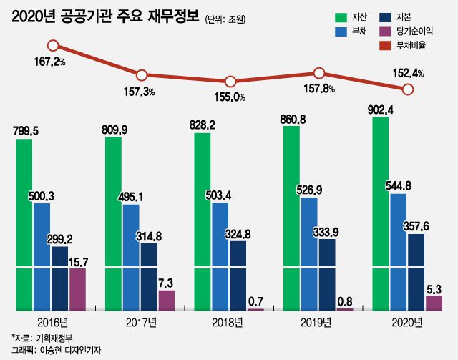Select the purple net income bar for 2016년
pyautogui.click(x=77, y=289)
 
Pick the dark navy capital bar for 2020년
pyautogui.click(x=416, y=272)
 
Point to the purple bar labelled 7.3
pyautogui.click(x=166, y=300)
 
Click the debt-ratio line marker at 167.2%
pyautogui.click(x=52, y=45)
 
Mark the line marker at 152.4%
pyautogui.click(x=408, y=89)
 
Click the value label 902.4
pyautogui.click(x=386, y=109)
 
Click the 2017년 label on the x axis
pyautogui.click(x=140, y=323)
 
